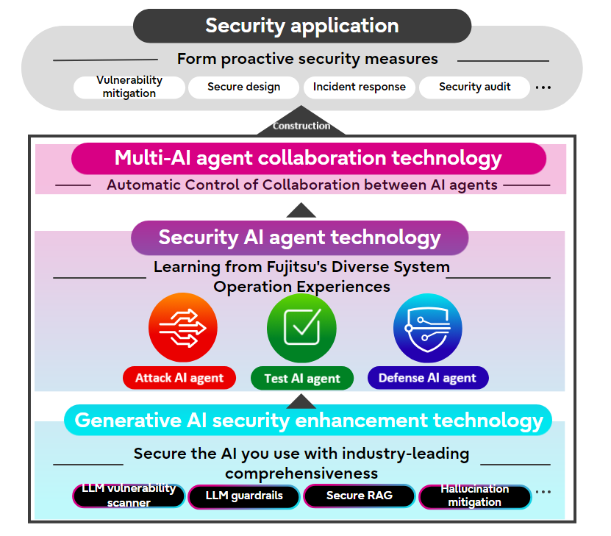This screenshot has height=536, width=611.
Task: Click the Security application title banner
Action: (x=301, y=26)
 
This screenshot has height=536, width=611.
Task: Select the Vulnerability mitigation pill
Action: (x=129, y=87)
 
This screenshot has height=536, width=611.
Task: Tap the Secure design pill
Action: (x=243, y=87)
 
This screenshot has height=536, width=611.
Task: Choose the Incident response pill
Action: (x=359, y=87)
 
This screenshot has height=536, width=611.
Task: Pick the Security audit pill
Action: (x=474, y=87)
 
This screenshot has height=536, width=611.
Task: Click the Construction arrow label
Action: (x=301, y=126)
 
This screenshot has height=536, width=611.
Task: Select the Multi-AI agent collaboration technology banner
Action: (x=308, y=158)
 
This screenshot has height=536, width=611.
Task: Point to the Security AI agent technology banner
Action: (x=299, y=237)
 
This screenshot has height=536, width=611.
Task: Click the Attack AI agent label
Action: (x=179, y=378)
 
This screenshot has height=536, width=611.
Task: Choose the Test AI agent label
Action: (x=301, y=379)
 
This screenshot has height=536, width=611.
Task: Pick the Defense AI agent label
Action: (x=427, y=378)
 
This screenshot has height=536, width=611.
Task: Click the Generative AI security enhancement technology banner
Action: (x=308, y=421)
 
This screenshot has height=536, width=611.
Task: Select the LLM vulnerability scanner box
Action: (x=129, y=496)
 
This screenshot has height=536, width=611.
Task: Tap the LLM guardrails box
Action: (x=244, y=496)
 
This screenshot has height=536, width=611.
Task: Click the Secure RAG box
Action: (x=359, y=496)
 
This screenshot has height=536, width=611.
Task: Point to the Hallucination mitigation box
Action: (x=474, y=496)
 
